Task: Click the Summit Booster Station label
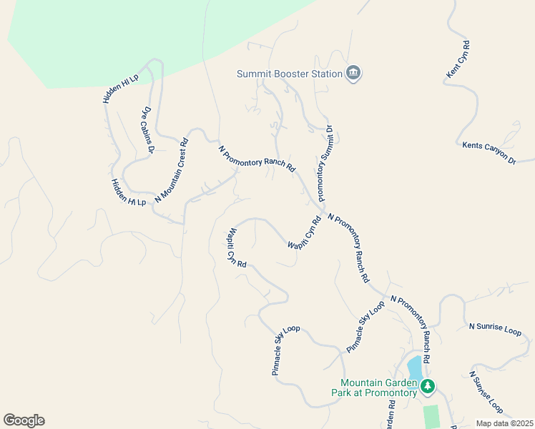click(290, 74)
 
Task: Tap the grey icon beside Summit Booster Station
click(353, 73)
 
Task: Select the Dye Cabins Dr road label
click(148, 131)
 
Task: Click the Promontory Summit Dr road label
click(324, 163)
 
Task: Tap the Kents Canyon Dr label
click(489, 154)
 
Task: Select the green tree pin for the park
click(428, 387)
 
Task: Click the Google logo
click(24, 420)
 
